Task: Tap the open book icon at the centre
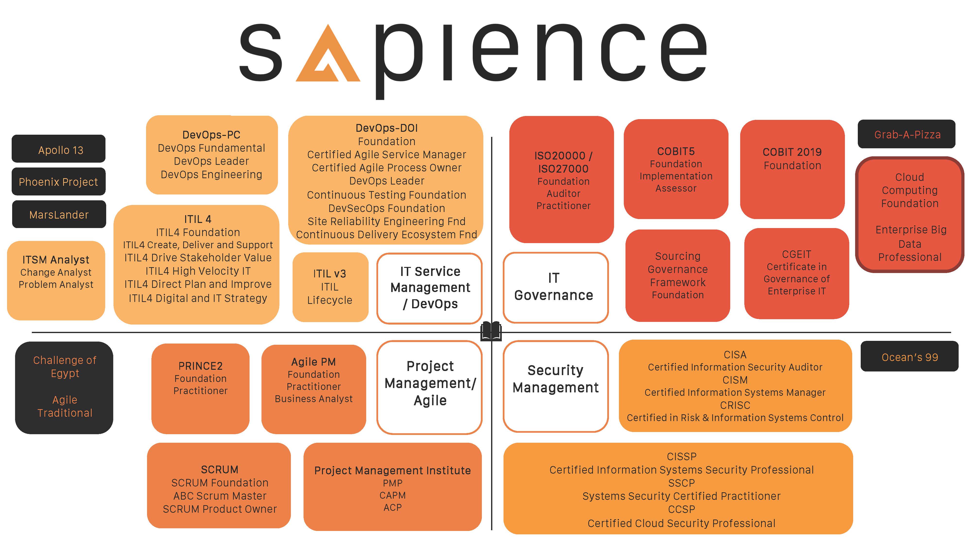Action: coord(491,331)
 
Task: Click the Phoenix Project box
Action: coord(59,182)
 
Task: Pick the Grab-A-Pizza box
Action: coord(906,134)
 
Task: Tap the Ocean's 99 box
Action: coord(909,356)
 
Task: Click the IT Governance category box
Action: coord(555,288)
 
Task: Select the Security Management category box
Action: coord(555,386)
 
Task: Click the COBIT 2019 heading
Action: coord(792,152)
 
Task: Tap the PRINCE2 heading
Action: coord(200,366)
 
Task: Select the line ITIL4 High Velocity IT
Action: coord(198,271)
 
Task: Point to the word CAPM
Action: coord(392,495)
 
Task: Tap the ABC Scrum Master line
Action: coord(220,496)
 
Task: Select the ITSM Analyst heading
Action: coord(56,260)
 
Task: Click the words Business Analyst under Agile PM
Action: coord(313,399)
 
